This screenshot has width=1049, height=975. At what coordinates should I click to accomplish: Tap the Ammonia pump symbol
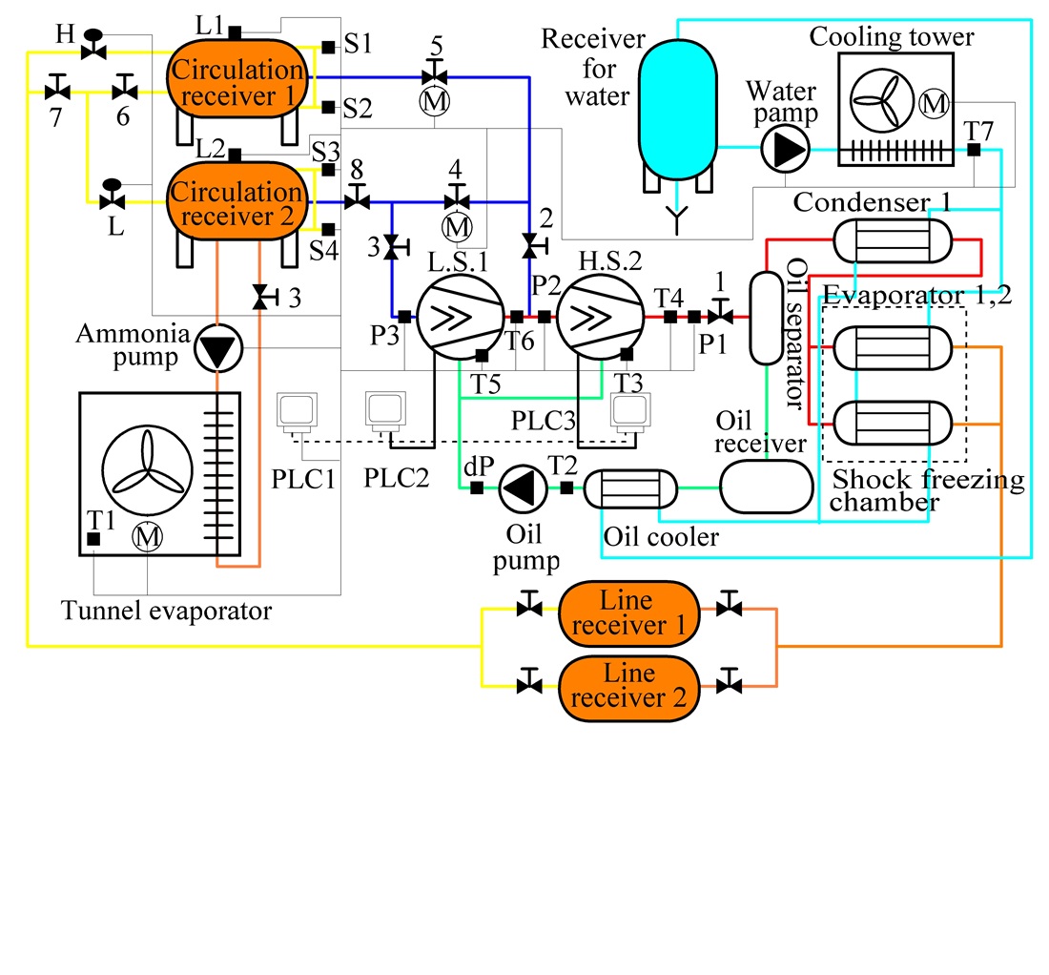click(217, 350)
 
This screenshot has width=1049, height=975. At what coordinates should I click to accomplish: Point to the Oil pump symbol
click(522, 487)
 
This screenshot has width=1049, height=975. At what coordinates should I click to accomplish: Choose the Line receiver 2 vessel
click(628, 684)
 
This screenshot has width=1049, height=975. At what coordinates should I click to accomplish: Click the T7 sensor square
click(974, 150)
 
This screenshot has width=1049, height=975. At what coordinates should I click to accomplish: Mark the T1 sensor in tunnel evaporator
click(93, 539)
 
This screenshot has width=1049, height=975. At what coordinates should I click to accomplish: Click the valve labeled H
click(93, 47)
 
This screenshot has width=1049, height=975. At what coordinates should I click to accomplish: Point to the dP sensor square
click(475, 488)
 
